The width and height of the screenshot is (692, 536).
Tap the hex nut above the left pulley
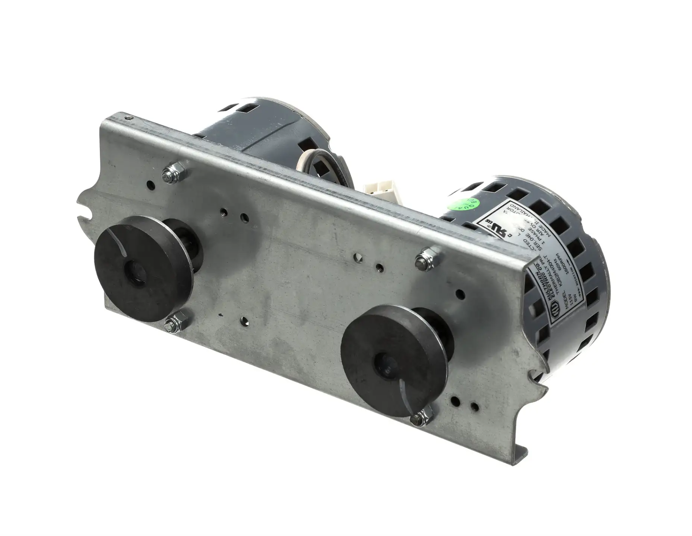click(x=172, y=174)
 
